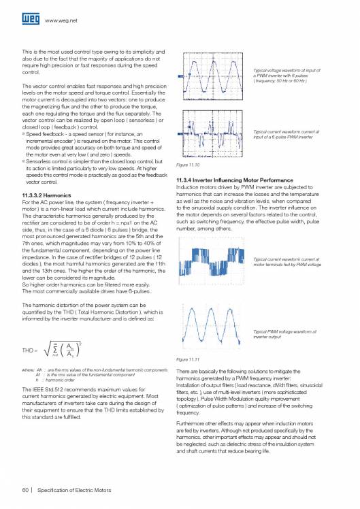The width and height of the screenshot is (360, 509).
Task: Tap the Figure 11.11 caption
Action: (187, 359)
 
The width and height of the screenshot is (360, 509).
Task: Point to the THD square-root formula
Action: (51, 350)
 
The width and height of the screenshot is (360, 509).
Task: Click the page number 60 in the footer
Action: (26, 489)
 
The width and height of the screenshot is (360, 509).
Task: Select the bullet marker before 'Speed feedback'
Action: (24, 135)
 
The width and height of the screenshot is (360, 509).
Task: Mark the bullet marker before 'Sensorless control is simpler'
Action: (24, 161)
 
